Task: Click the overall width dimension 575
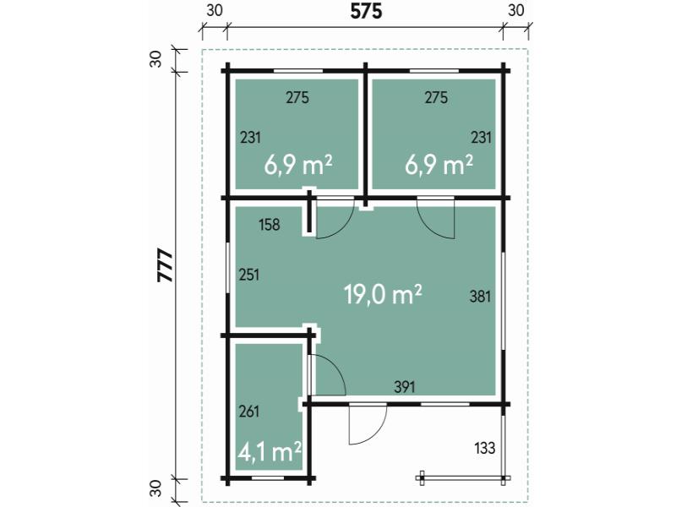[x=367, y=12]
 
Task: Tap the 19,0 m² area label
[x=383, y=294]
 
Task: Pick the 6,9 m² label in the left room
[x=297, y=164]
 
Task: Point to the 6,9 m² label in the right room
[x=439, y=164]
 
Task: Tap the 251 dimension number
[x=249, y=275]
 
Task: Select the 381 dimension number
[x=480, y=296]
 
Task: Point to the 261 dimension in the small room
[x=249, y=412]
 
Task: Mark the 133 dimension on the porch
[x=484, y=448]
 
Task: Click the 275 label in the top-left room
[x=297, y=98]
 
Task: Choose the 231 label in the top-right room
[x=481, y=136]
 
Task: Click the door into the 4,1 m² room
[x=326, y=375]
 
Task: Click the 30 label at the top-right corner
[x=516, y=11]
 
